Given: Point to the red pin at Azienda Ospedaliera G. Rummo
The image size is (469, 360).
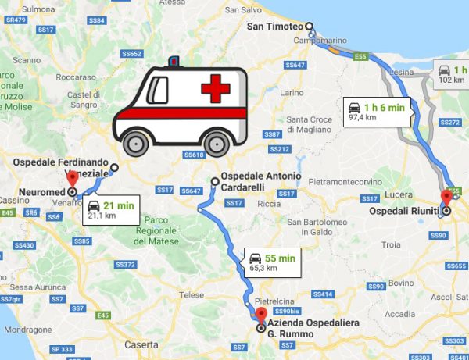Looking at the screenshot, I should point(261,315).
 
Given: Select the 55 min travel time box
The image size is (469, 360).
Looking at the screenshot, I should point(271,262).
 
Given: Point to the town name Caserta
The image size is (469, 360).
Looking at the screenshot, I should point(141,344).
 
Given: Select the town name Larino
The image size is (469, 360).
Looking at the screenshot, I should point(291,92).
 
